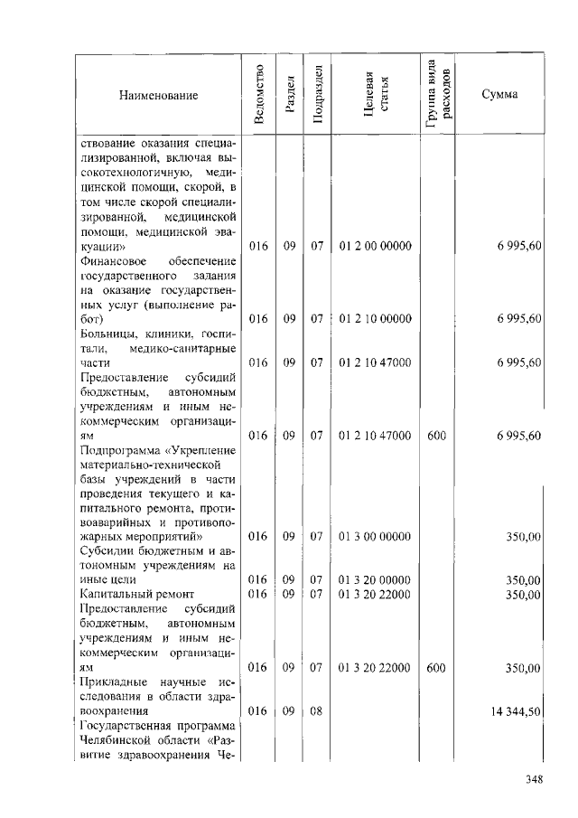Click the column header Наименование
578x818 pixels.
pos(157,95)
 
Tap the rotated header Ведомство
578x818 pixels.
pos(259,95)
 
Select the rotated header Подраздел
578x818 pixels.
pos(317,95)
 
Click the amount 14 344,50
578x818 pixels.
pos(516,711)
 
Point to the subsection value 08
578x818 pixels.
pos(317,711)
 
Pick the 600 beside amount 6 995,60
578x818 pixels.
pos(436,436)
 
